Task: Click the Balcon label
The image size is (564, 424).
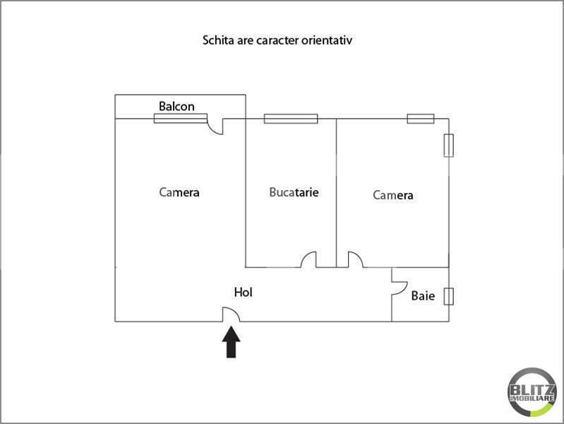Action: tap(176, 107)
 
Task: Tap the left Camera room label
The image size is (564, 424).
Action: tap(179, 192)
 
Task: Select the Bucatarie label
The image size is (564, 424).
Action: tap(294, 192)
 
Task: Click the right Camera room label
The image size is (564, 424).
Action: tap(393, 196)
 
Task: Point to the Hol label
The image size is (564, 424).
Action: tap(244, 292)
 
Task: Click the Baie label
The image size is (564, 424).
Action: tap(423, 296)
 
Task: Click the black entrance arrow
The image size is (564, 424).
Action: tap(232, 342)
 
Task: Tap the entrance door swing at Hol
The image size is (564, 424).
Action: tap(231, 314)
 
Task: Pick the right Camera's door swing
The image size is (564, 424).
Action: tap(355, 260)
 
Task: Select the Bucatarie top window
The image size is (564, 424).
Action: tap(291, 119)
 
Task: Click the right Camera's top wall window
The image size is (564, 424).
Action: tap(421, 119)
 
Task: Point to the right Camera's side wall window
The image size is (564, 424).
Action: tap(448, 146)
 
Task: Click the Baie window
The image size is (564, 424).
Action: tap(448, 296)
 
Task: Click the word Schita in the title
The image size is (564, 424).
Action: tap(220, 40)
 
